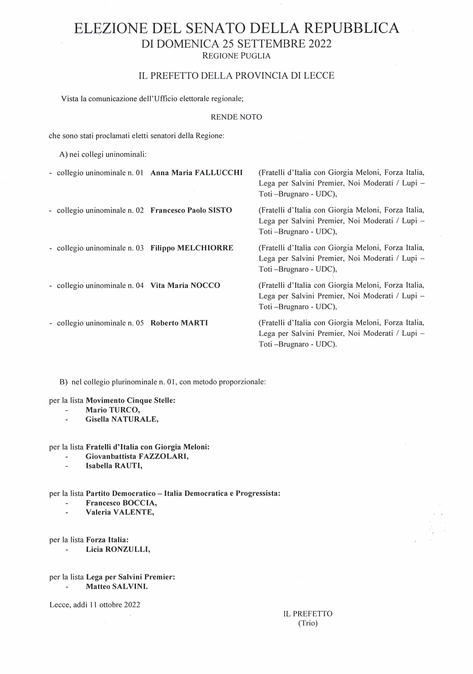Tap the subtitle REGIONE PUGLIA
click(236, 56)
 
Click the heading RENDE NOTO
click(236, 117)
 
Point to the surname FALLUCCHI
click(219, 173)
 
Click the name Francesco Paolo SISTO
click(191, 210)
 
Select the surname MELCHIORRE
click(205, 248)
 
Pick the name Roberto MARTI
click(179, 323)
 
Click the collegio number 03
click(140, 248)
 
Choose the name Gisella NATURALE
click(122, 419)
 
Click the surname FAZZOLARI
click(163, 457)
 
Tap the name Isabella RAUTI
click(114, 466)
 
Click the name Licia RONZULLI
click(118, 549)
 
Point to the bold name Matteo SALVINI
click(117, 587)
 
